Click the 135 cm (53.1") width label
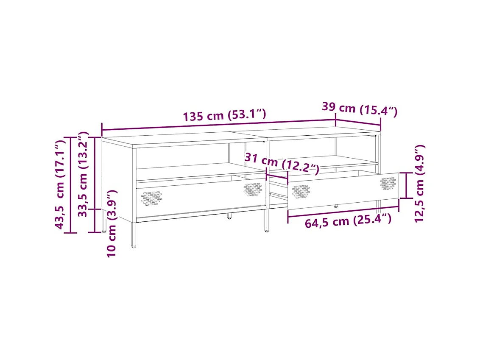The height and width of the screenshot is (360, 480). [224, 115]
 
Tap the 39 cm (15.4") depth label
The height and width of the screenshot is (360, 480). [359, 109]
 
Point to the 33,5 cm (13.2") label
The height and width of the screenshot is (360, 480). [84, 174]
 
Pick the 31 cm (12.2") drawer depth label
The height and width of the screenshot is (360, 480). [282, 164]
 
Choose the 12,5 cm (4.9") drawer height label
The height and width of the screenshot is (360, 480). [419, 184]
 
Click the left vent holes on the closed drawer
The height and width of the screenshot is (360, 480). [152, 198]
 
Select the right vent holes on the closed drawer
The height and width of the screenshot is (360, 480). [253, 189]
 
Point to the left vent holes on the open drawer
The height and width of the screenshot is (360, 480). [301, 191]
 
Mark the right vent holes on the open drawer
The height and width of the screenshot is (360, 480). [388, 183]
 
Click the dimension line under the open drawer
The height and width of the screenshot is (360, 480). [343, 212]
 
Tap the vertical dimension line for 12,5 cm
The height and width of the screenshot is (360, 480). [407, 185]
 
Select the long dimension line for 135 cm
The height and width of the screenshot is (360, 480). [218, 125]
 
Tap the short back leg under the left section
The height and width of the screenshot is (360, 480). [229, 216]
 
